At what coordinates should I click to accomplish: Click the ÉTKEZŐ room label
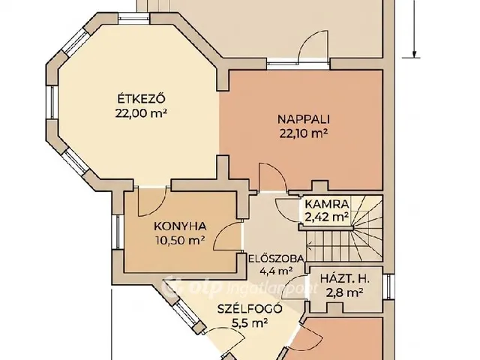coord(142,99)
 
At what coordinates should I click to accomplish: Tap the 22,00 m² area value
coord(142,113)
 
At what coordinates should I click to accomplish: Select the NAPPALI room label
coord(303,119)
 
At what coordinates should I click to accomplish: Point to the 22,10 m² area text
coord(303,133)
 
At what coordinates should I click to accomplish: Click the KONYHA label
coord(180,226)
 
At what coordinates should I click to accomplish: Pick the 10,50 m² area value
coord(180,240)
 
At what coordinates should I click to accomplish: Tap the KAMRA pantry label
coord(327,203)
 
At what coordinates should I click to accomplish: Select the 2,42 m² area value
coord(327,217)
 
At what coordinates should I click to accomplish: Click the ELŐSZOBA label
coord(276,259)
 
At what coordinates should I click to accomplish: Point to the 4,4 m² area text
coord(276,271)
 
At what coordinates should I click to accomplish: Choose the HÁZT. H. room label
coord(345,279)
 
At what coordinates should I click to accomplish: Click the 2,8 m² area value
coord(345,292)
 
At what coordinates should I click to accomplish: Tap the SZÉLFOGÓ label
coord(250,309)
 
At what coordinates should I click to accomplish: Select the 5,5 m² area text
coord(250,322)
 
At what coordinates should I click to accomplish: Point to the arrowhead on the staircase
coord(308,245)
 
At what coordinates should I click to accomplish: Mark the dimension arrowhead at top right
coord(414,54)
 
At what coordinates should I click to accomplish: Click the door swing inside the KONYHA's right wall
coord(227,236)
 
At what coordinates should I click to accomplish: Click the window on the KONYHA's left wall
coord(117,232)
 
